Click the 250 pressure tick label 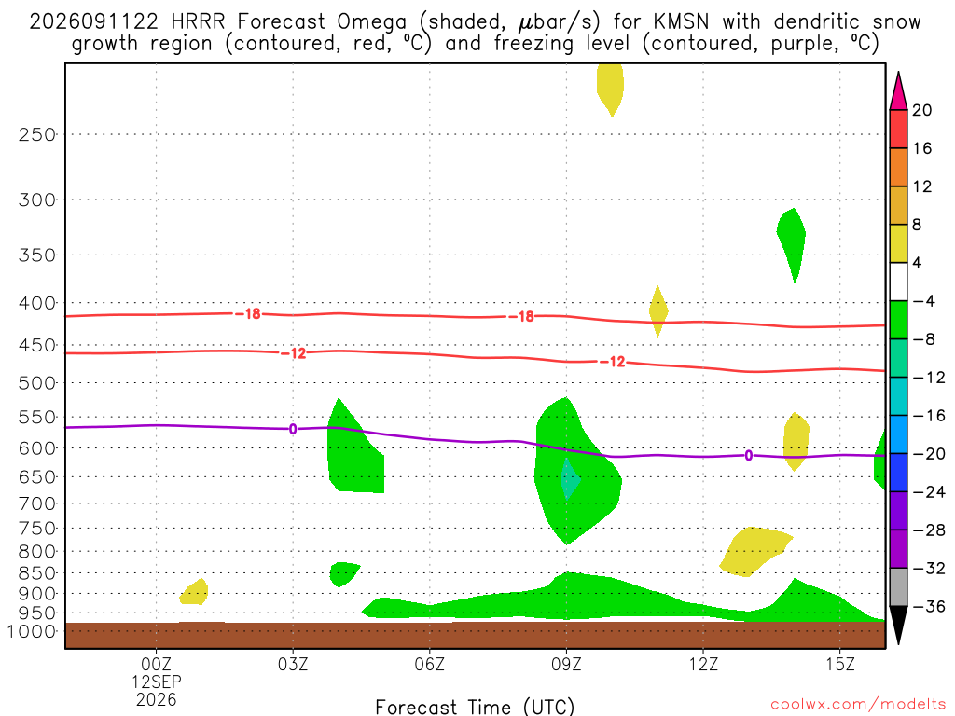coord(36,134)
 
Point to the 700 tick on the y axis coord(36,503)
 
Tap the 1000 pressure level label coord(31,632)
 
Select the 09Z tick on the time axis coord(566,664)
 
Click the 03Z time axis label coord(293,664)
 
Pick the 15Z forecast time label coord(840,664)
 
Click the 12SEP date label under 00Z coord(157,682)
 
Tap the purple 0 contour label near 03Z coord(293,429)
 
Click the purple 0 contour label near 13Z coord(749,455)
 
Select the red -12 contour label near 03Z coord(294,353)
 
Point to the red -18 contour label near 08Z coord(521,317)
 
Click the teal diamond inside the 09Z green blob coord(569,478)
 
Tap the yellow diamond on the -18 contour coord(657,311)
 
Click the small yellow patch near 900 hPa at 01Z coord(194,592)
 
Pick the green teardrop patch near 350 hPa coord(793,241)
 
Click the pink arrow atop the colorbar coord(898,91)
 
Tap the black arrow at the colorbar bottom coord(898,625)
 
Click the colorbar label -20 coord(928,454)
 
